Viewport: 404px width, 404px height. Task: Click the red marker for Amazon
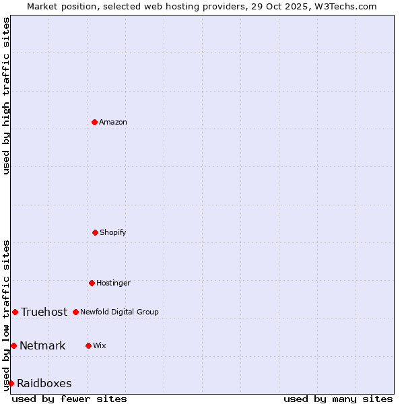(94, 122)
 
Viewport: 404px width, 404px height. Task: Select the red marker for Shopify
(95, 232)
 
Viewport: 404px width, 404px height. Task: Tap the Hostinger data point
(92, 283)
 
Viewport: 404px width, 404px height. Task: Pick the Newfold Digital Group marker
(75, 312)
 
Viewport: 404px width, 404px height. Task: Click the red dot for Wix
(88, 345)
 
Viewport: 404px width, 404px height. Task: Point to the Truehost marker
(15, 312)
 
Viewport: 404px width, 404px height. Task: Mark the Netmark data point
(13, 345)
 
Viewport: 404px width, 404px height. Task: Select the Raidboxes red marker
(11, 383)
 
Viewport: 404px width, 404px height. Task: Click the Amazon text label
(113, 123)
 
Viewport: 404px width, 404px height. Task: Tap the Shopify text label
(113, 233)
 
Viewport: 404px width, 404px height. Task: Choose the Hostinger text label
(113, 283)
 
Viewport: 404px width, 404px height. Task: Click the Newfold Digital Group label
(119, 312)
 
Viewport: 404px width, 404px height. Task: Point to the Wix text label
(100, 346)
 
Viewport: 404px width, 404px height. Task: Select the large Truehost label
(44, 312)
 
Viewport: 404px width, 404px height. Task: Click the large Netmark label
(42, 346)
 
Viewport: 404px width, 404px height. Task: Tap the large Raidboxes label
(44, 384)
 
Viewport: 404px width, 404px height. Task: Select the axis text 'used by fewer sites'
(69, 399)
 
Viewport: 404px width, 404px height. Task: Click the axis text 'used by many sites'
(338, 399)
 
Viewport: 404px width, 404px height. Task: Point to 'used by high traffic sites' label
(6, 96)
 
